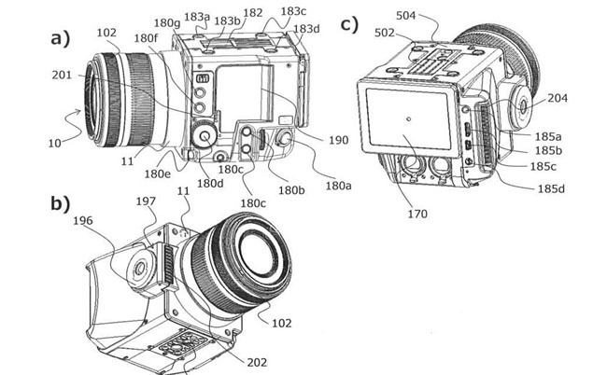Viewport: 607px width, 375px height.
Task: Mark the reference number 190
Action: [x=338, y=140]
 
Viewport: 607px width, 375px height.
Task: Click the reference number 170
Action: [x=416, y=215]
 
